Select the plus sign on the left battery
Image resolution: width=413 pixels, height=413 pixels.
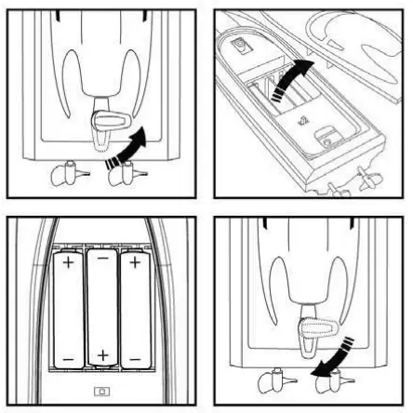(x=66, y=264)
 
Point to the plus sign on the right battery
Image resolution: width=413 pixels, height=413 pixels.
(x=136, y=264)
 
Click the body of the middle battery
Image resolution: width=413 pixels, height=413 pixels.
(x=101, y=307)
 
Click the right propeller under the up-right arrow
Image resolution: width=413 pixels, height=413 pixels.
(x=123, y=173)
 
